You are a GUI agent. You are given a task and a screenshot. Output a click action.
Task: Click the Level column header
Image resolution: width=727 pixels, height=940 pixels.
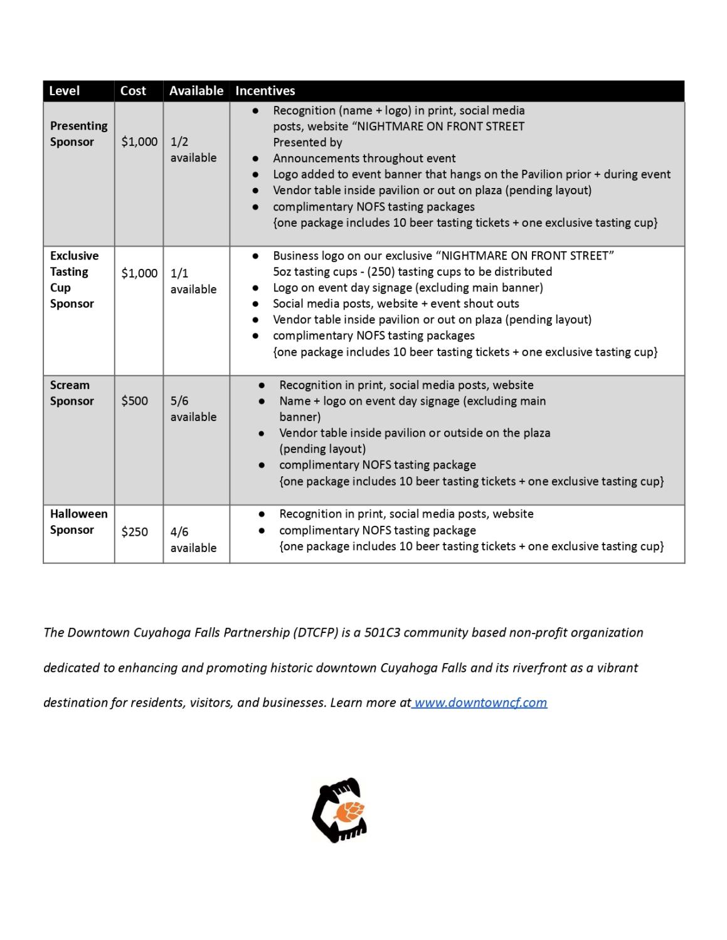point(64,91)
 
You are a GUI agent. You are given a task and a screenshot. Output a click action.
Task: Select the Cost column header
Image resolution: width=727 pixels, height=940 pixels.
point(133,91)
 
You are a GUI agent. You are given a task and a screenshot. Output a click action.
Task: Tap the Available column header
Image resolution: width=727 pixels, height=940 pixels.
point(196,91)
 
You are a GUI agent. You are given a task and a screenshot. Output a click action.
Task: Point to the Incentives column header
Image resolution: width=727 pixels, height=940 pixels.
point(265,91)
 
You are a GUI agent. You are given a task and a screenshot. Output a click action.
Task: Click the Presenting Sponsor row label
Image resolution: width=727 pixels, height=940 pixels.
point(78,133)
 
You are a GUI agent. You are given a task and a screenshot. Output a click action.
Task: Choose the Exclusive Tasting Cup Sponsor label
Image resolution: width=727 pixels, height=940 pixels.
point(74,279)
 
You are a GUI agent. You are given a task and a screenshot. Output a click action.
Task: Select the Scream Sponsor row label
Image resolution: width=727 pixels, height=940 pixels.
point(72,393)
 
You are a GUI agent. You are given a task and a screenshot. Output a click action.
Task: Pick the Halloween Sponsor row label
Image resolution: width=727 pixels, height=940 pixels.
point(78,521)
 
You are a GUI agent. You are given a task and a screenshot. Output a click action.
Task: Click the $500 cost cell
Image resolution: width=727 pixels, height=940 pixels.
point(134,401)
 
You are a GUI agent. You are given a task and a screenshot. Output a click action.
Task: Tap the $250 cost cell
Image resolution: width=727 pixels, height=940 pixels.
point(134,532)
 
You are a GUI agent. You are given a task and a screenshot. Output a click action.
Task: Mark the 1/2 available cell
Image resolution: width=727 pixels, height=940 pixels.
point(193,150)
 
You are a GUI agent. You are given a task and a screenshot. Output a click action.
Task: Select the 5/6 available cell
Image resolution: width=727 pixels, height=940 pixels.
point(193,409)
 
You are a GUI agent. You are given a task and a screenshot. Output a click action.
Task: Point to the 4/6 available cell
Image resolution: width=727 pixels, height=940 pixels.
point(193,540)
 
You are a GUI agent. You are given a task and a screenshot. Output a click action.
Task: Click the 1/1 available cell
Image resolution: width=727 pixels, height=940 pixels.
point(193,281)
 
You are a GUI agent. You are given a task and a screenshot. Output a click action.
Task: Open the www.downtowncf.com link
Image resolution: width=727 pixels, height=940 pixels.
point(480,702)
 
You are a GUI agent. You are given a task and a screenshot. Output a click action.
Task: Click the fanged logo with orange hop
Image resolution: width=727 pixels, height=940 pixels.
point(340,810)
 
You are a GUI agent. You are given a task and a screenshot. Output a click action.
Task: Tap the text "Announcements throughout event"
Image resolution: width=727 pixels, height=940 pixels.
point(364,159)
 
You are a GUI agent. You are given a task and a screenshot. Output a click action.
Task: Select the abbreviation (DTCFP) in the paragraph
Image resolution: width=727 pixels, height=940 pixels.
point(316,632)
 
